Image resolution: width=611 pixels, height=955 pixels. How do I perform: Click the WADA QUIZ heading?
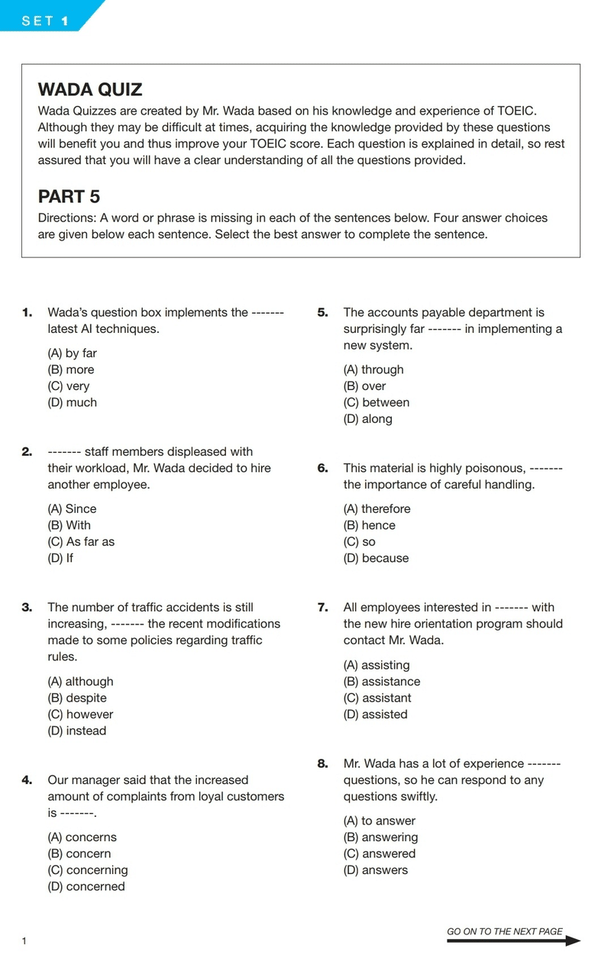[x=90, y=89]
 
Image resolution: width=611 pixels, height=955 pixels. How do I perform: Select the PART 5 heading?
[x=69, y=196]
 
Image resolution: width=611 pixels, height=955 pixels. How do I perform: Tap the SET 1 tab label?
[x=45, y=21]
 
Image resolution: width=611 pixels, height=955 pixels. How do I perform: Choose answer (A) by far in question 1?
[x=72, y=353]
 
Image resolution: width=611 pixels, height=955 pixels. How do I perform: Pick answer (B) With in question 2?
[x=69, y=525]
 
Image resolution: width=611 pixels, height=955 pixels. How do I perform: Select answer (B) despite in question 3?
[x=77, y=698]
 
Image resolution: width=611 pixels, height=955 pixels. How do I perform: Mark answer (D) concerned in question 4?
[x=86, y=886]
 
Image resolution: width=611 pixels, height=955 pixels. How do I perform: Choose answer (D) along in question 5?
[x=367, y=419]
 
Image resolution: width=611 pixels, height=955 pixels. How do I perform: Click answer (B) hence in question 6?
[x=369, y=525]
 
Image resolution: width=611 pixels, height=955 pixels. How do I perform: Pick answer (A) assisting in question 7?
[x=376, y=665]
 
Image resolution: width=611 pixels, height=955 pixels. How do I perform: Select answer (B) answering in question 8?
[x=380, y=837]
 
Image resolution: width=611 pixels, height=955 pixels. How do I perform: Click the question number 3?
[x=27, y=608]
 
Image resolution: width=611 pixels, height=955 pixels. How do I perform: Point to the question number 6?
[x=322, y=468]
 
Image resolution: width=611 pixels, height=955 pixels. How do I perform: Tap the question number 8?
[x=322, y=763]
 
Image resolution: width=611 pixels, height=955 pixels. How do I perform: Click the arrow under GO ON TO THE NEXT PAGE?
[x=513, y=942]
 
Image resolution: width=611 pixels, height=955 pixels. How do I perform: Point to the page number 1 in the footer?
[x=24, y=941]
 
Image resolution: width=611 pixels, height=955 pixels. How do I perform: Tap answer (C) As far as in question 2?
[x=81, y=542]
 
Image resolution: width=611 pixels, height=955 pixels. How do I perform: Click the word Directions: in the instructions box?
[x=66, y=218]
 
